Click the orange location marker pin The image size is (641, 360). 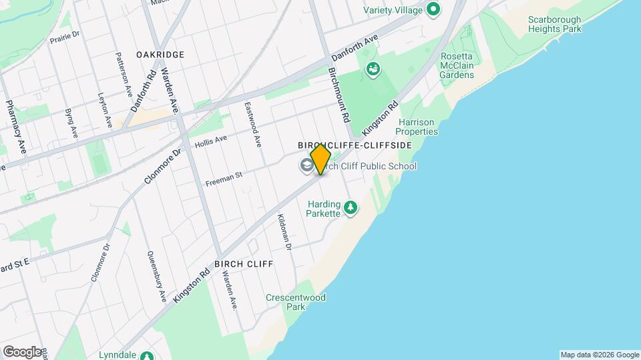click(x=320, y=159)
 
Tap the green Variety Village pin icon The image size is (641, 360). click(x=433, y=9)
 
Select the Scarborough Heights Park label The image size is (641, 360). click(x=554, y=25)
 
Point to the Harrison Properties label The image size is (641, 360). click(x=418, y=127)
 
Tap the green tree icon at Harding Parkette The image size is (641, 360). click(x=351, y=209)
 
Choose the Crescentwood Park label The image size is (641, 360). click(x=295, y=302)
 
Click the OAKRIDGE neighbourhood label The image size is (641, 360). click(x=160, y=54)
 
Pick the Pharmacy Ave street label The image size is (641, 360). click(x=15, y=127)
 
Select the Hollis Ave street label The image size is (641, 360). click(x=211, y=141)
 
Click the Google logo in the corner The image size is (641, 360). click(x=22, y=352)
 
